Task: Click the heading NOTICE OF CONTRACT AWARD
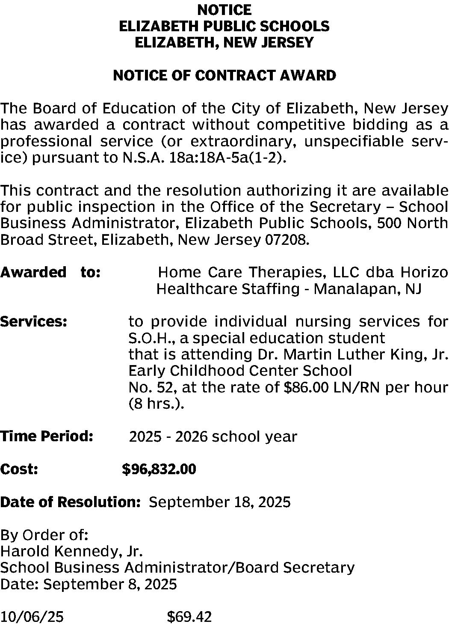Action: pos(224,76)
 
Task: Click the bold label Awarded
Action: pos(33,272)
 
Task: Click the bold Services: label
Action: pos(33,321)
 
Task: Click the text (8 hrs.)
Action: pos(156,404)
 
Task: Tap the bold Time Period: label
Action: pos(47,437)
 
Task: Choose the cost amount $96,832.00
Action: pos(159,469)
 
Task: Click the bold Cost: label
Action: pos(19,469)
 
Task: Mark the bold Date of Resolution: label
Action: pos(71,502)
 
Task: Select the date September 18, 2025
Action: pos(219,502)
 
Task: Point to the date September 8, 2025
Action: pos(110,584)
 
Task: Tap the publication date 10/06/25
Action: pos(32,617)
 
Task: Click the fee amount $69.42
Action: pos(189,617)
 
